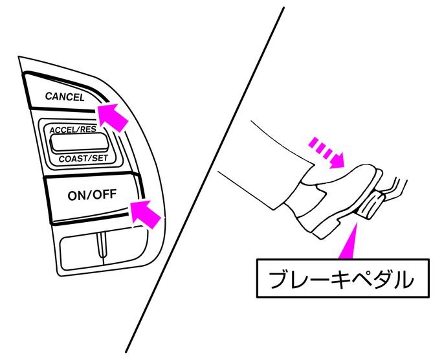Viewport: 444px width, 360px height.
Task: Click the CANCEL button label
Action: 65,96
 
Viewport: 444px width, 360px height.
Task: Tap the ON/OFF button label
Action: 92,195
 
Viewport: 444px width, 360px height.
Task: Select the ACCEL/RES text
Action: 72,129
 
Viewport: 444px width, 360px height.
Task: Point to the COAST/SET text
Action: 83,159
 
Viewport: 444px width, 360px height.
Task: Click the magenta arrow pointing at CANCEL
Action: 113,117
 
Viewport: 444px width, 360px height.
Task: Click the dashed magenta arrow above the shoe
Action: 327,152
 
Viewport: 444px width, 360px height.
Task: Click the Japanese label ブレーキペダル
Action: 341,279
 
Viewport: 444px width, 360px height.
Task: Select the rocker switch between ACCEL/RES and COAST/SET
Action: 79,142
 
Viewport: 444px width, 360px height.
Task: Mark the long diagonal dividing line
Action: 205,180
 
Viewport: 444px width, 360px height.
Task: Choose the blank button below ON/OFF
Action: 104,248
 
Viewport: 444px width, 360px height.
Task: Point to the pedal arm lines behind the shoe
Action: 395,188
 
